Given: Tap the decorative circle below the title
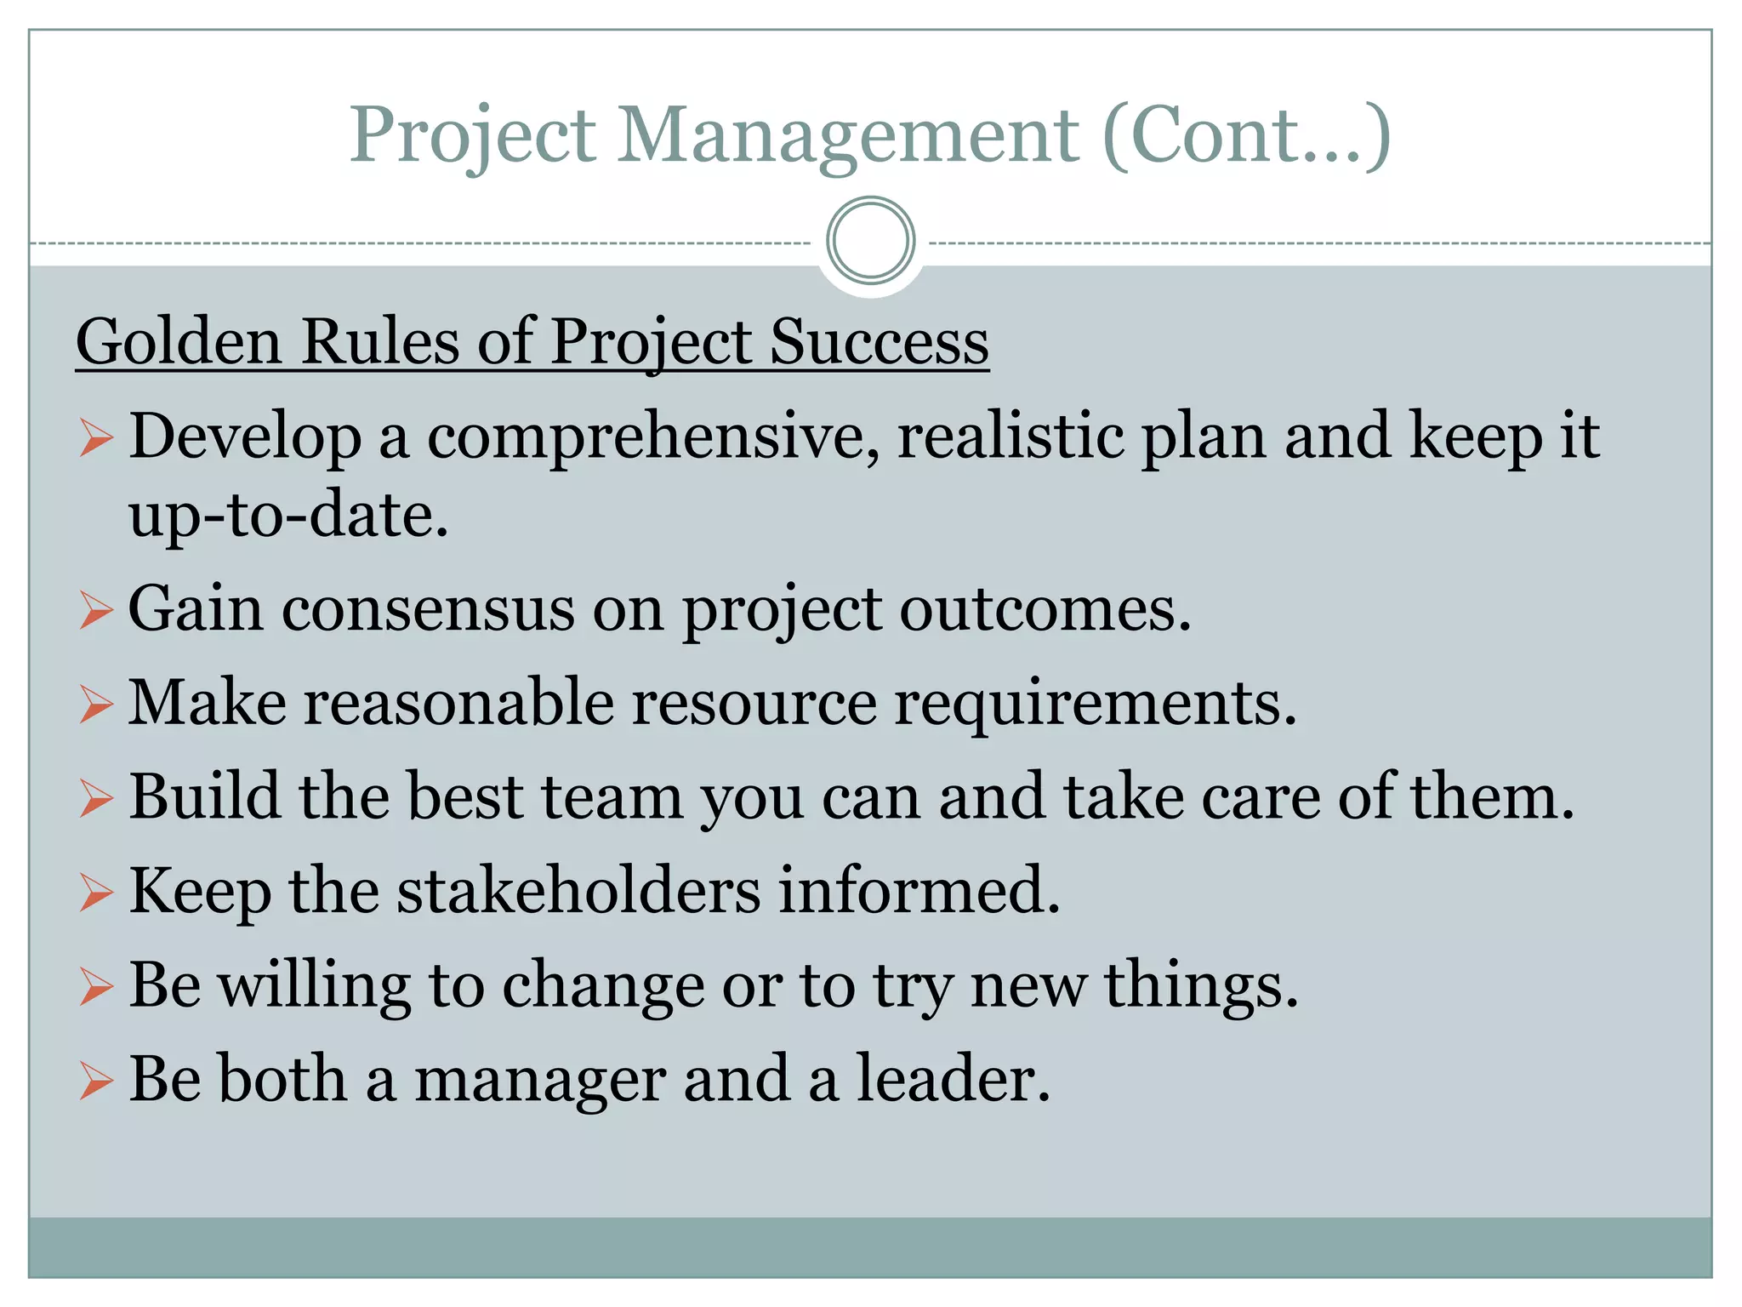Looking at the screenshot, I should coord(870,241).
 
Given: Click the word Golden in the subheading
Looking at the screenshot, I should coord(179,342).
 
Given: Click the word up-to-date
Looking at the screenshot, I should coord(287,516).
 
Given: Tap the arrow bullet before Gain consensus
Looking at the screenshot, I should coord(96,611).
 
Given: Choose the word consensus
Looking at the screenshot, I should coord(428,610).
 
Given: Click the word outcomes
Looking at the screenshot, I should coord(1045,610).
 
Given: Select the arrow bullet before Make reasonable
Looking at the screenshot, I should coord(96,705).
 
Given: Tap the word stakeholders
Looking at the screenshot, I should coord(578,891).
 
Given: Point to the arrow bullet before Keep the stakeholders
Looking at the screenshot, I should coord(96,893).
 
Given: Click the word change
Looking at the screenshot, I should coord(603,986).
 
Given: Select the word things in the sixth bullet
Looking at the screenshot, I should coord(1200,986).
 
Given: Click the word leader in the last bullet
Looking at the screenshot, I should coord(953,1079).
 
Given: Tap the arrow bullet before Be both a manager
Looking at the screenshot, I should coord(96,1082).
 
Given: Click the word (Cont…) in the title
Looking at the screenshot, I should coord(1247,136).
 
